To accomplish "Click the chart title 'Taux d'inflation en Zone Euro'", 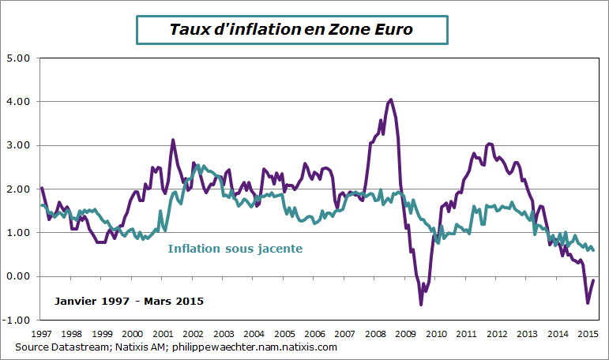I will point(291,29).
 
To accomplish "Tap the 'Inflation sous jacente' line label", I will point(235,249).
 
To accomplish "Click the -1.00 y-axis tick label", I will point(17,320).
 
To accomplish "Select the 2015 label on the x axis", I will point(587,333).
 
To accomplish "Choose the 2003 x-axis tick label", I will point(224,333).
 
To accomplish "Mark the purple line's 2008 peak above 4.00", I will point(391,99).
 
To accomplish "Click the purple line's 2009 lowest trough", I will point(421,304).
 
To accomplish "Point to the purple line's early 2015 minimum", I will point(588,303).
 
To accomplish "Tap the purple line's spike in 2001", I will point(173,140).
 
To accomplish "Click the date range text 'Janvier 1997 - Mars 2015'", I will point(130,301).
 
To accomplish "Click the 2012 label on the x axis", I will point(497,333).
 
